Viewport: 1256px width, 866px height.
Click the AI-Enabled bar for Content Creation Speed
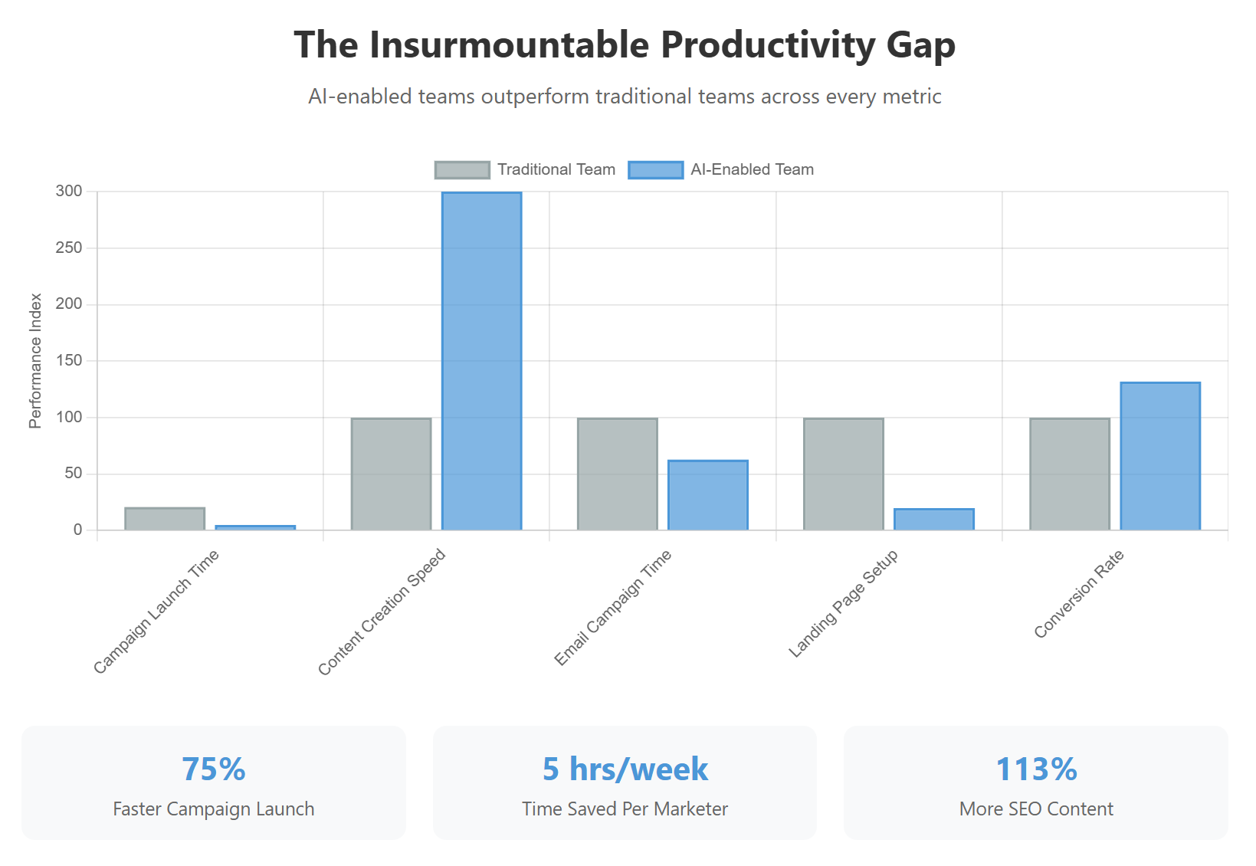pyautogui.click(x=481, y=360)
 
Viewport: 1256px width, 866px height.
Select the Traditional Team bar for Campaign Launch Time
pyautogui.click(x=165, y=519)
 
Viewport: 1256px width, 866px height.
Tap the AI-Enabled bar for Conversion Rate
pyautogui.click(x=1160, y=456)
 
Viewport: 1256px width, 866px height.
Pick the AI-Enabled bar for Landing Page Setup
pyautogui.click(x=934, y=520)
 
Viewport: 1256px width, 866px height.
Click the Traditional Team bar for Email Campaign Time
pyautogui.click(x=618, y=474)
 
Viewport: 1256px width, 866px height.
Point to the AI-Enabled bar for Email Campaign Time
pyautogui.click(x=708, y=495)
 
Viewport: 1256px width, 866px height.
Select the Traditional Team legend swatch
pyautogui.click(x=462, y=169)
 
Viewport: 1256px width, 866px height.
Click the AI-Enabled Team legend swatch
pyautogui.click(x=655, y=169)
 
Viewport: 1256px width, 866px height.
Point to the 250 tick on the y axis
pyautogui.click(x=69, y=248)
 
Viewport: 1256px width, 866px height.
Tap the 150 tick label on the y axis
pyautogui.click(x=69, y=360)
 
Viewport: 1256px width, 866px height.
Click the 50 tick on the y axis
pyautogui.click(x=74, y=473)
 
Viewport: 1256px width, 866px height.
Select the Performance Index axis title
pyautogui.click(x=35, y=360)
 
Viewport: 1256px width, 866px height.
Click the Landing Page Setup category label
pyautogui.click(x=844, y=603)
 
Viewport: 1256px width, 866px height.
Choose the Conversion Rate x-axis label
pyautogui.click(x=1079, y=594)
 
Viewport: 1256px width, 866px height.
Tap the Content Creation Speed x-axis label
pyautogui.click(x=382, y=612)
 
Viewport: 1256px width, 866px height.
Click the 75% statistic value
pyautogui.click(x=214, y=769)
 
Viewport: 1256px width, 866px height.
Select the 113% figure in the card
pyautogui.click(x=1036, y=769)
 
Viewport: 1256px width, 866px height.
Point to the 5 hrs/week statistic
pyautogui.click(x=625, y=769)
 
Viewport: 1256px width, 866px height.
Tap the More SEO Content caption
pyautogui.click(x=1036, y=809)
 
